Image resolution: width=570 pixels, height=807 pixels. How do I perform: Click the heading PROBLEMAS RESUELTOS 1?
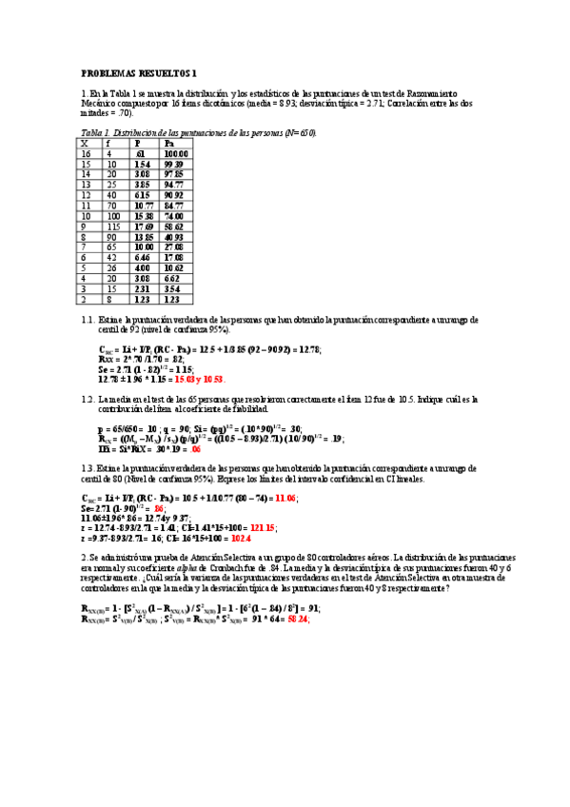click(x=139, y=72)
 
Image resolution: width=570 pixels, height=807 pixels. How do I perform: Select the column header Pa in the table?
click(x=168, y=144)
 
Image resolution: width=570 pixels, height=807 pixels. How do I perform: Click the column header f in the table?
click(x=108, y=144)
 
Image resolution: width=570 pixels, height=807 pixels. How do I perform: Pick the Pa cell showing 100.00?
click(x=175, y=153)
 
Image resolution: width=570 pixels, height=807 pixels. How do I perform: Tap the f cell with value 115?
click(x=113, y=227)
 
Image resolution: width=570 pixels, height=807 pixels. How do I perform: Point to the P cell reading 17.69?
click(x=144, y=227)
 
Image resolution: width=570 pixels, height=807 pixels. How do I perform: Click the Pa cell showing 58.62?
click(x=174, y=227)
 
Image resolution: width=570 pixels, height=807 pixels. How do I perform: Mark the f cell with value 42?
click(x=111, y=257)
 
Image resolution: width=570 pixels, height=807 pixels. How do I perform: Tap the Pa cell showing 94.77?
click(x=174, y=184)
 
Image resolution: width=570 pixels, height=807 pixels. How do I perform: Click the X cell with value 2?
click(x=84, y=299)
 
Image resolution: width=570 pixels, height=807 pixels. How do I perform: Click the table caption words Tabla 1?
click(x=96, y=133)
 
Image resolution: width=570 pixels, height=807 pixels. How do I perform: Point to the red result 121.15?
click(x=263, y=527)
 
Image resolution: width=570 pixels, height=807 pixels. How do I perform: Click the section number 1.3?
click(x=88, y=469)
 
